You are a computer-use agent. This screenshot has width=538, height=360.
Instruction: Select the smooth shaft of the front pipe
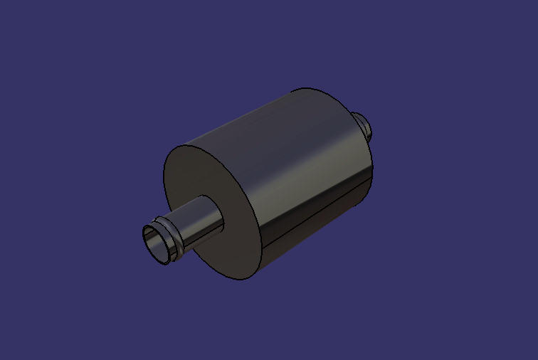[x=199, y=222]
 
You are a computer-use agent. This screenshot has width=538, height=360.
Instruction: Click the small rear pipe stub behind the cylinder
[x=362, y=125]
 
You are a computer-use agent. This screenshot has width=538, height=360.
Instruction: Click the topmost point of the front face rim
[x=184, y=146]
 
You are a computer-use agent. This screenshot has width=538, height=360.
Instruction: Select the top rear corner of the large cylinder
[x=306, y=88]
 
